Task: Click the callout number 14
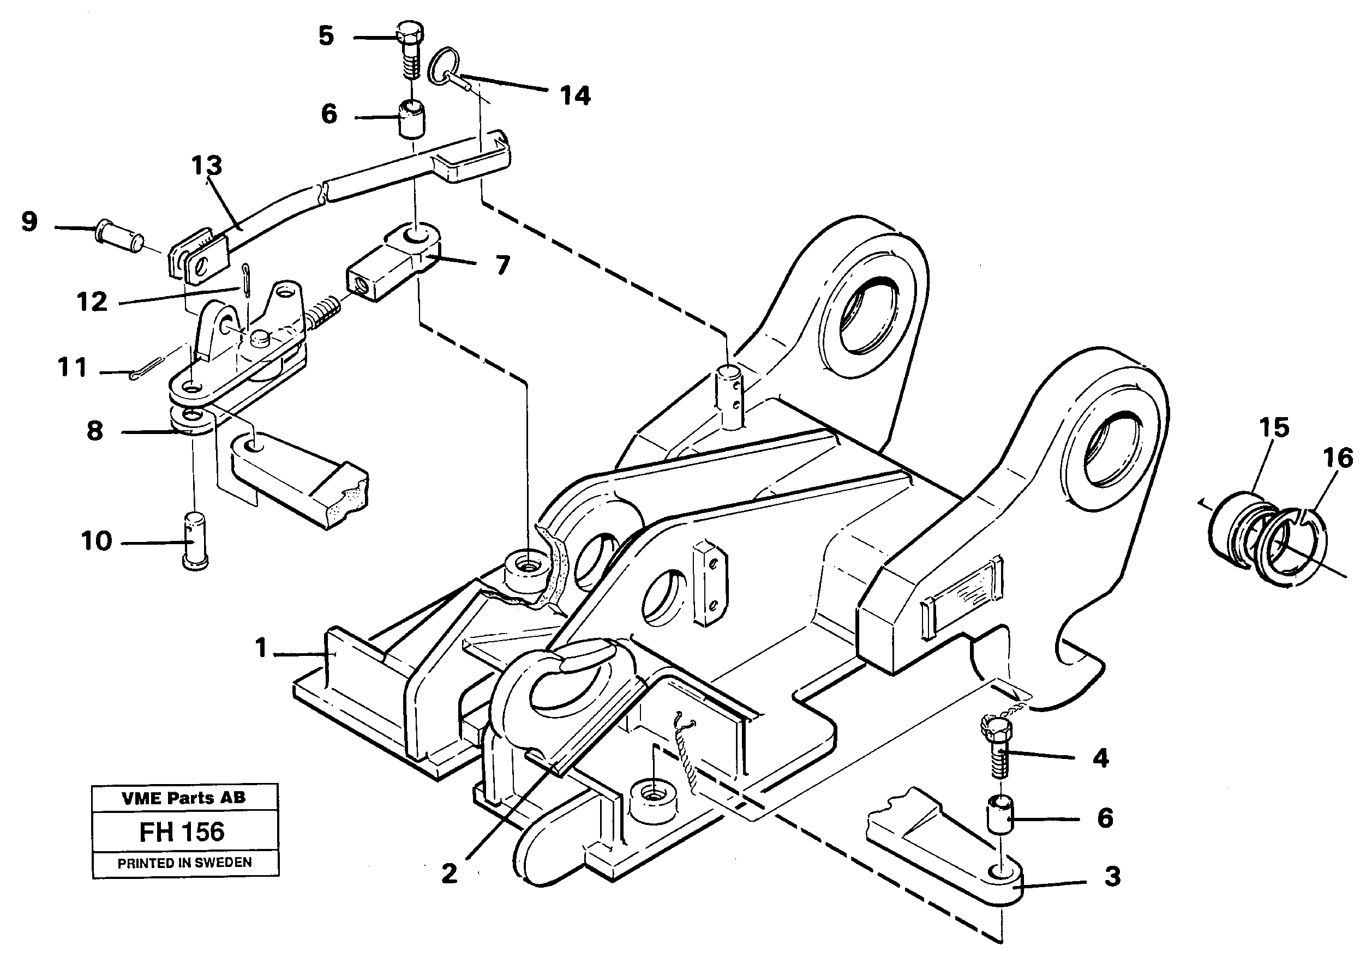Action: coord(575,95)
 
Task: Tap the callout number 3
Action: coord(1111,877)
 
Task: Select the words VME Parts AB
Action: coord(183,798)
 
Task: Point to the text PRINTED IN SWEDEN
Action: coord(184,863)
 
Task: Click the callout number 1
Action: coord(261,648)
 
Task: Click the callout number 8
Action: coord(94,431)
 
